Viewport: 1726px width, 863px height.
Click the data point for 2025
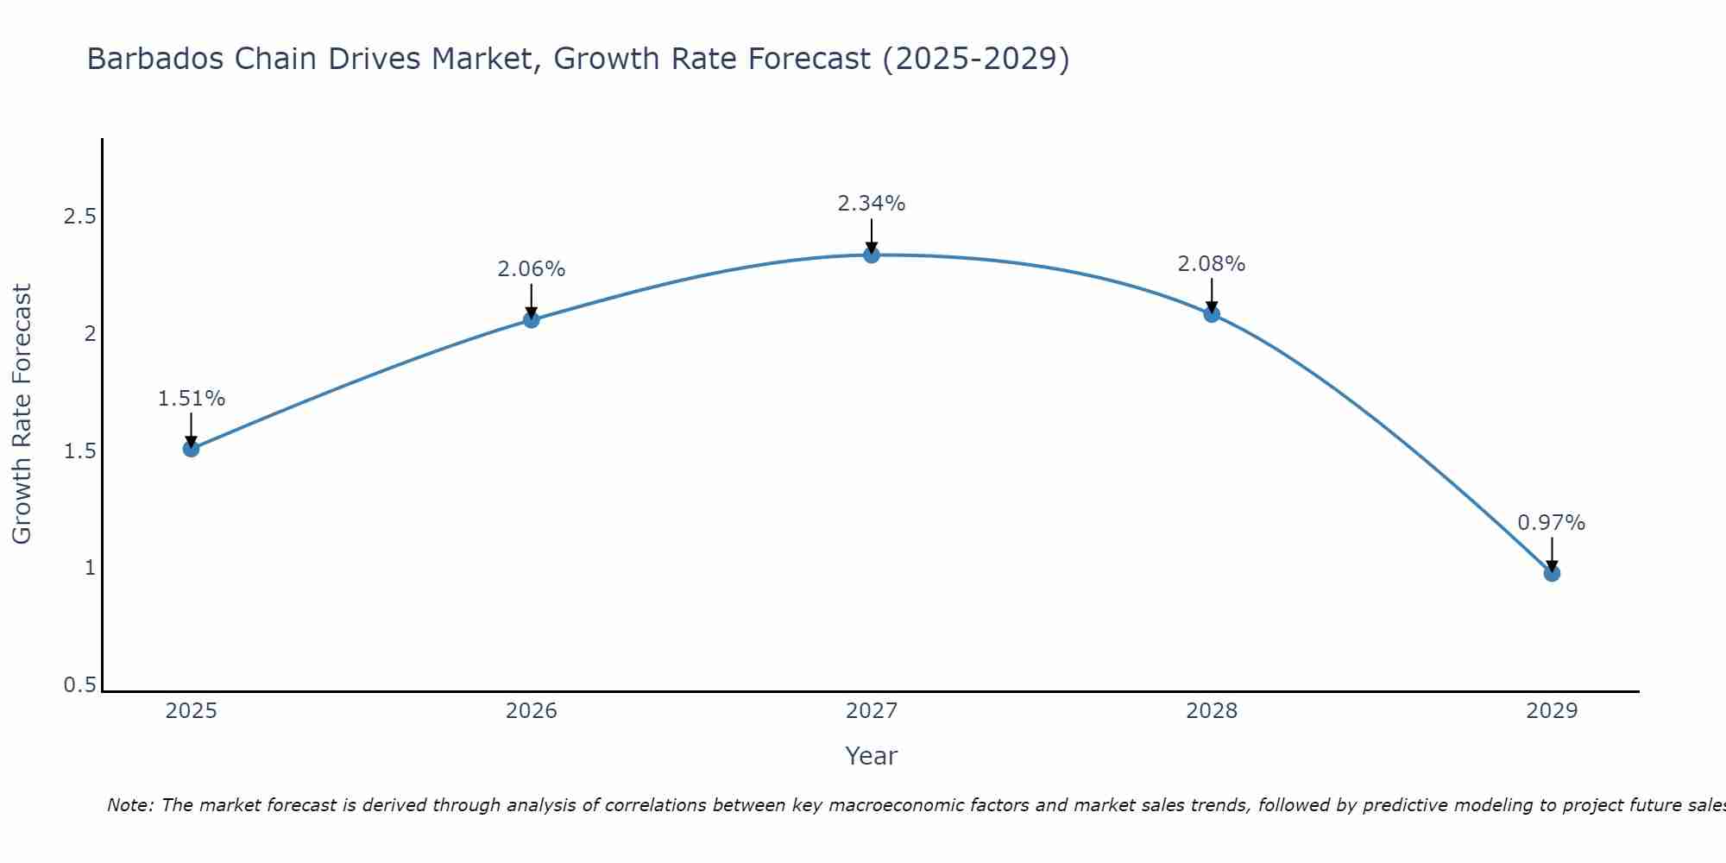coord(191,449)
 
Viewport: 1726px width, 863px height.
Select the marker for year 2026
coord(532,320)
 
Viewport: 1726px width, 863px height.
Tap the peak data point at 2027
coord(872,255)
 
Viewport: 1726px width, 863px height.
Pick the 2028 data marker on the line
coord(1212,314)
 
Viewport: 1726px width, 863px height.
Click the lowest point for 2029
coord(1552,574)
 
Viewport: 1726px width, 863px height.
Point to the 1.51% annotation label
coord(191,399)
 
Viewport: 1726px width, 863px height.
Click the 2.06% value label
coord(532,269)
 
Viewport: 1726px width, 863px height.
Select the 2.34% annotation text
coord(872,204)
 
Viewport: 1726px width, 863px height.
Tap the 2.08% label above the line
coord(1212,264)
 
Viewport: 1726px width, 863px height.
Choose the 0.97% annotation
coord(1552,523)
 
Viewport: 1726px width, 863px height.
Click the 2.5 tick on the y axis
coord(79,217)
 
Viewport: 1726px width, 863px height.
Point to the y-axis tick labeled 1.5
coord(79,451)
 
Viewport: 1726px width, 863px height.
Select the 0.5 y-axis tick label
coord(79,685)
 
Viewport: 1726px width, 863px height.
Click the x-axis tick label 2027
coord(872,711)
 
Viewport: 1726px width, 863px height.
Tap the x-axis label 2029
coord(1552,711)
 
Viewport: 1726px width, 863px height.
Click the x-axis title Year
coord(872,756)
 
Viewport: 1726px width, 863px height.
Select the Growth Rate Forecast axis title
coord(22,414)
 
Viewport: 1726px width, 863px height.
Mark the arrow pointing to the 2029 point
coord(1552,552)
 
